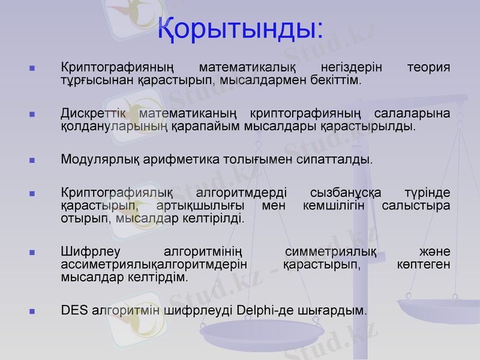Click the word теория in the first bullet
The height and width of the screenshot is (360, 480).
pos(428,67)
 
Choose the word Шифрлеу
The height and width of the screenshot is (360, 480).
pos(85,252)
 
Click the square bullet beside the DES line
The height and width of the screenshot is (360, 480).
pos(32,311)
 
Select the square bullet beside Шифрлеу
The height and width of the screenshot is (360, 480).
pos(32,253)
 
